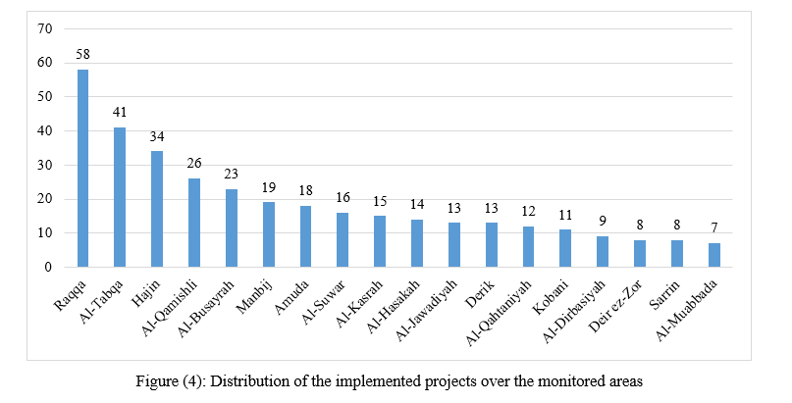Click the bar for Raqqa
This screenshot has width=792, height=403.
[x=82, y=168]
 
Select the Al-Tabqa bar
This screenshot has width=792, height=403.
[x=120, y=197]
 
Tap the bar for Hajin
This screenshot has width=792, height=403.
[x=157, y=209]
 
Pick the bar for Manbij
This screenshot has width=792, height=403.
[x=269, y=234]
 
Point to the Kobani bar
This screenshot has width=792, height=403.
[x=565, y=248]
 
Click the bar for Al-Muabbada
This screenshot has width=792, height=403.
[x=714, y=255]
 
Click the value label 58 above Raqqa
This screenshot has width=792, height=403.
[x=82, y=55]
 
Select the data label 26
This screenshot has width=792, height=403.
[x=194, y=163]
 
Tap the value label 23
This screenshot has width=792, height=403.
[x=232, y=174]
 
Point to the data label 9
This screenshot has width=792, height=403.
[x=603, y=221]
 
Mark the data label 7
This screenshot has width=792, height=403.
[x=714, y=228]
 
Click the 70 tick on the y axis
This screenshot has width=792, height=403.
[x=45, y=28]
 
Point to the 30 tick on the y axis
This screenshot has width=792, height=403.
[x=45, y=165]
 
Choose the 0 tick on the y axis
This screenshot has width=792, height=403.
[x=48, y=267]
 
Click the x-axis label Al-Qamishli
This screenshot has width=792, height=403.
[x=170, y=309]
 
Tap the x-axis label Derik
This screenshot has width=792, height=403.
[x=481, y=294]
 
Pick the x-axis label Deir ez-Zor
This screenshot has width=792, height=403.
[x=616, y=306]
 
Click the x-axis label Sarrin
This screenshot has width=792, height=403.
[x=666, y=295]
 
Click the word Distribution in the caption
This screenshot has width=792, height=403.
[x=238, y=380]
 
